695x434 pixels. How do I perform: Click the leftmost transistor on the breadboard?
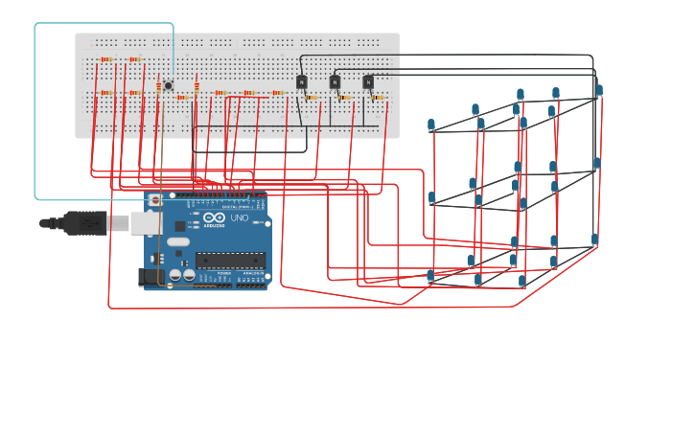tap(301, 82)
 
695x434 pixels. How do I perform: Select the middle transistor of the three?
tap(335, 82)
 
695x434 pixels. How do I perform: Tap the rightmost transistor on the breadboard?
tap(368, 82)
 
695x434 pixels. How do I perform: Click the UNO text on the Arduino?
tap(240, 217)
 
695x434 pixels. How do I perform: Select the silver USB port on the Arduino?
tap(146, 223)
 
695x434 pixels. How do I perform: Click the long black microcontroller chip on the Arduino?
tap(230, 261)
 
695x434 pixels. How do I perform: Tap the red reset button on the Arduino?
tap(156, 202)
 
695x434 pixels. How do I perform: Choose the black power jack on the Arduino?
tap(149, 277)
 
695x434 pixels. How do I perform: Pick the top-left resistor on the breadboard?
tap(105, 59)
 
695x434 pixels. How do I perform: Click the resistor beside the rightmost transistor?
tap(379, 97)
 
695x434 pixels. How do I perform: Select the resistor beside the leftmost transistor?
tap(312, 97)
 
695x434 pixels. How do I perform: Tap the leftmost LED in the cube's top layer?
tap(431, 125)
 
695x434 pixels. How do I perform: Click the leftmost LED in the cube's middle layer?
tap(432, 197)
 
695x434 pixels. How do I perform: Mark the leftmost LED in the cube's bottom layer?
tap(430, 276)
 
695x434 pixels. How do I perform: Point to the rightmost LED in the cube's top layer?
tap(599, 90)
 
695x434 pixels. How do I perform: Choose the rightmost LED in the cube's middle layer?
tap(596, 163)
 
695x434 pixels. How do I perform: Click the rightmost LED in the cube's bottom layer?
tap(594, 240)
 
